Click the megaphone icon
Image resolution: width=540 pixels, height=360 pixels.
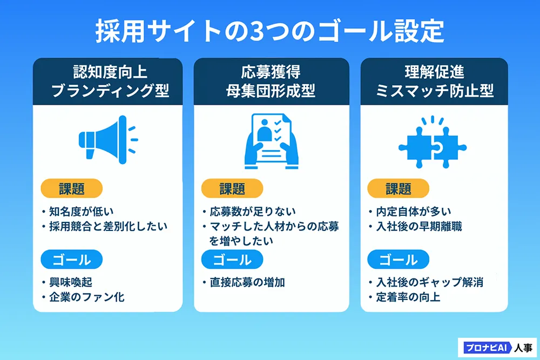click(x=108, y=140)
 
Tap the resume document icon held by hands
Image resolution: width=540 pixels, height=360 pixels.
click(x=272, y=141)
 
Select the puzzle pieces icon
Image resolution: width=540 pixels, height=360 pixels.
click(x=433, y=142)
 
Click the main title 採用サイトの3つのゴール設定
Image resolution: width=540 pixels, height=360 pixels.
click(x=269, y=31)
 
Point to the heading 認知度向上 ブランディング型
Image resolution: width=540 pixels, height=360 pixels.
click(x=110, y=81)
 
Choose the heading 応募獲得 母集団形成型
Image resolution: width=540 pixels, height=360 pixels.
click(x=271, y=81)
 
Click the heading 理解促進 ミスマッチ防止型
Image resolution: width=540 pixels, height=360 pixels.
click(x=435, y=81)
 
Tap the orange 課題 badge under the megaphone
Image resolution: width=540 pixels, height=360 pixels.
click(x=72, y=188)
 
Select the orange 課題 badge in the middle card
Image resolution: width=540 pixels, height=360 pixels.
click(x=232, y=188)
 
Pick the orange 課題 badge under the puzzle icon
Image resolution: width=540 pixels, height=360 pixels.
click(x=399, y=188)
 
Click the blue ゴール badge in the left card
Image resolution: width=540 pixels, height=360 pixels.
click(x=72, y=260)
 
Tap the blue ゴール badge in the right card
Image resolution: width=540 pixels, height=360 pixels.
click(x=399, y=260)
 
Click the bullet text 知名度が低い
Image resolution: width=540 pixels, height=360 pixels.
click(x=82, y=212)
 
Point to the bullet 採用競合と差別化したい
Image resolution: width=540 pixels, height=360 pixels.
click(x=108, y=227)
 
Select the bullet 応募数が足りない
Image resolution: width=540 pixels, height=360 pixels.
click(x=253, y=212)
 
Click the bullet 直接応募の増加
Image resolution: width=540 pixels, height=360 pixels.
click(x=247, y=283)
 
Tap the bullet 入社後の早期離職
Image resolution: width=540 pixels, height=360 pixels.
click(x=419, y=227)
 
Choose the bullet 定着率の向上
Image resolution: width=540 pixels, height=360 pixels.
click(x=408, y=297)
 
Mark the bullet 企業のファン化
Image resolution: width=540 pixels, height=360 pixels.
click(x=87, y=297)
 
